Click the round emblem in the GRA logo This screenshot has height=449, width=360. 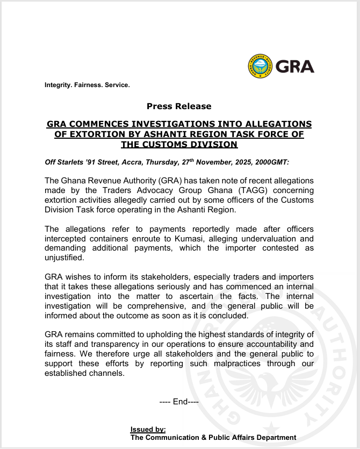tap(260, 66)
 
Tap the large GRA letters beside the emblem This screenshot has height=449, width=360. tap(294, 66)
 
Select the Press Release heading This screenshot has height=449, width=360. tap(179, 106)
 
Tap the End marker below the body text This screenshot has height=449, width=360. tap(179, 401)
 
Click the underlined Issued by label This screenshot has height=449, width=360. tap(148, 430)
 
